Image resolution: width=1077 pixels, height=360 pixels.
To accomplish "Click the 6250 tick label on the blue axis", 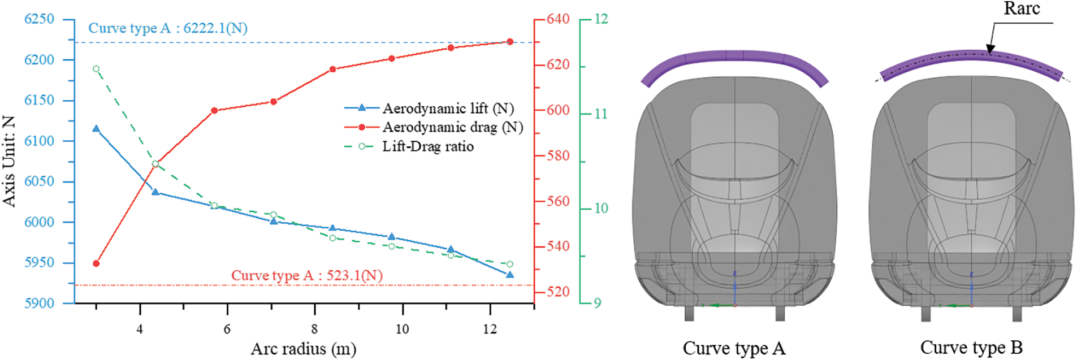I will (x=39, y=19).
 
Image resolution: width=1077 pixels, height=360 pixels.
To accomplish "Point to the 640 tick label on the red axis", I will (x=558, y=19).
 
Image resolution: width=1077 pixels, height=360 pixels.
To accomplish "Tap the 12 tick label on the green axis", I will (x=601, y=19).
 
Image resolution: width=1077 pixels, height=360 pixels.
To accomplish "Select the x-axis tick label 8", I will (x=314, y=329).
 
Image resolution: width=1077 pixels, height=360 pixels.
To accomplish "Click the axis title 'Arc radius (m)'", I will (x=304, y=349).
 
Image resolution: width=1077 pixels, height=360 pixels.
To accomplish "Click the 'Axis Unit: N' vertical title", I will (x=8, y=161).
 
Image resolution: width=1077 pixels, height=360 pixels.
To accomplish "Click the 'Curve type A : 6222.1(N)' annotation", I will (x=168, y=28).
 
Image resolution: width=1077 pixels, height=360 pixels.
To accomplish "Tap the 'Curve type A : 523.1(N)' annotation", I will (x=306, y=275).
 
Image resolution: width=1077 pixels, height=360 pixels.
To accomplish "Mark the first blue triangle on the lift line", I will (x=96, y=129).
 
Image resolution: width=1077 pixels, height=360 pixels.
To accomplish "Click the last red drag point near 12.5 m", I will (x=510, y=41).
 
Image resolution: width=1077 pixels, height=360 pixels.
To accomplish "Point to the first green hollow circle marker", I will (x=96, y=69).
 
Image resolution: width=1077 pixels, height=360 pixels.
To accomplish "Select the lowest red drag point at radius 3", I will (x=96, y=263).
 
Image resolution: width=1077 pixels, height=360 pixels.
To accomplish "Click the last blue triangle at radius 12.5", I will (x=510, y=275).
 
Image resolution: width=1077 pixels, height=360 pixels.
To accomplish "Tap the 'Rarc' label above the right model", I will (x=1022, y=8).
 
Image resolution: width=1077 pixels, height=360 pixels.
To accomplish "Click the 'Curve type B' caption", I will (x=971, y=347).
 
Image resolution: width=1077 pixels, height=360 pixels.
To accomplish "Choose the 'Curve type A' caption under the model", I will (x=734, y=348).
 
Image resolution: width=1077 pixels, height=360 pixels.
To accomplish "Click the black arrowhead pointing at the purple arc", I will (x=990, y=50).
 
